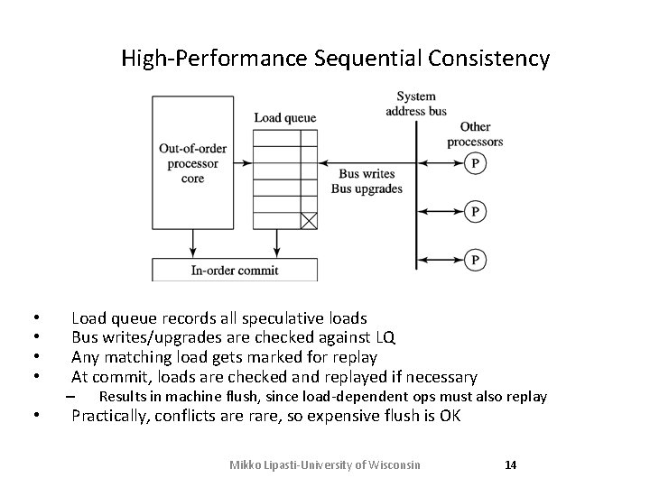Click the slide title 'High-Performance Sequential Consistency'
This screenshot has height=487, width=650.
tap(335, 60)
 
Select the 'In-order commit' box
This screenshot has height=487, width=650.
tap(235, 270)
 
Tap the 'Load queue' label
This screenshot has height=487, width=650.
tap(284, 117)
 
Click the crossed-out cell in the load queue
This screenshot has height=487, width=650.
tap(309, 219)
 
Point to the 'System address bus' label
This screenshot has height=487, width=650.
tap(415, 104)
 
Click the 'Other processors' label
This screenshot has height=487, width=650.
tap(475, 134)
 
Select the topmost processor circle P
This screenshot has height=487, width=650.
tap(475, 163)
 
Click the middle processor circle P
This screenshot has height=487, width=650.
tap(475, 211)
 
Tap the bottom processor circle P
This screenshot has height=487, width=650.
tap(475, 259)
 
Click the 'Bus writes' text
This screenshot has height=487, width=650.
tap(366, 174)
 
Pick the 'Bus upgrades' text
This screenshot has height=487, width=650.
tap(367, 188)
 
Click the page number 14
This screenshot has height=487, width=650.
tap(510, 465)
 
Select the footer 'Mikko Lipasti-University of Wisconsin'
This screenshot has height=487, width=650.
tap(325, 465)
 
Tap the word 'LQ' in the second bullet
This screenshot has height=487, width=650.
tap(383, 337)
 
